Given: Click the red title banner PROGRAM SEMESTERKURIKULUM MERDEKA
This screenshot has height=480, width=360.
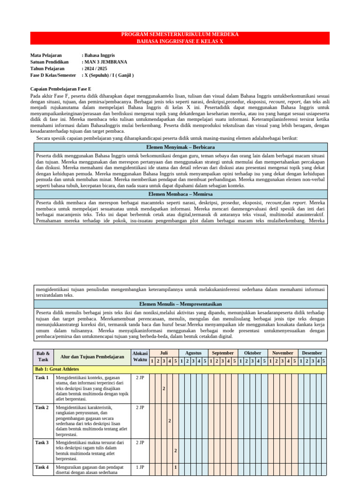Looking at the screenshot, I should (x=180, y=35).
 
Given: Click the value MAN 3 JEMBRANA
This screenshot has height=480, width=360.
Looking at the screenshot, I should (x=105, y=62).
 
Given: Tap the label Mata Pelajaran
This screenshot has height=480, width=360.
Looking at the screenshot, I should (x=46, y=55).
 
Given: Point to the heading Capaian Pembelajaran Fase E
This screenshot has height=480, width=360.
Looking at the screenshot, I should (x=60, y=89).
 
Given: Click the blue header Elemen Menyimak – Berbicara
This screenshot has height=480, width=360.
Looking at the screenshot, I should (x=180, y=147).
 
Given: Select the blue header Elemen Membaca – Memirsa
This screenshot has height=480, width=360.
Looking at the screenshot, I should (x=180, y=194).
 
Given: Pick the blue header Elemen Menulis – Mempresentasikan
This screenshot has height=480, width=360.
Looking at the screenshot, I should (x=180, y=304).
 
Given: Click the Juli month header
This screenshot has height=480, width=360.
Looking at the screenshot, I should (x=164, y=353).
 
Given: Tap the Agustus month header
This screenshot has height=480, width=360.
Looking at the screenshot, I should (x=193, y=353).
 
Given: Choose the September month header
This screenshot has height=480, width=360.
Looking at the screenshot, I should (x=223, y=353).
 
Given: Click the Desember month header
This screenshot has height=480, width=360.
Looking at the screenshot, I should (x=312, y=353).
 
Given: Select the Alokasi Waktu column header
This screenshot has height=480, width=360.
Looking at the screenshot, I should (x=140, y=357).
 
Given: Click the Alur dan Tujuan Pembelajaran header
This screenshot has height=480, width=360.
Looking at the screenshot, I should (x=92, y=357).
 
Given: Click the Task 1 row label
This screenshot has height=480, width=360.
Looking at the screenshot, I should (x=42, y=378).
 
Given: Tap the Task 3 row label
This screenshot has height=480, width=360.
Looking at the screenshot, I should (x=42, y=442).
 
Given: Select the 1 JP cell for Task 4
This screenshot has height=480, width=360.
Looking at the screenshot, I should (x=140, y=467).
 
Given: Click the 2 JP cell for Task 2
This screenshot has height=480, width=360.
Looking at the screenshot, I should (x=140, y=408).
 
